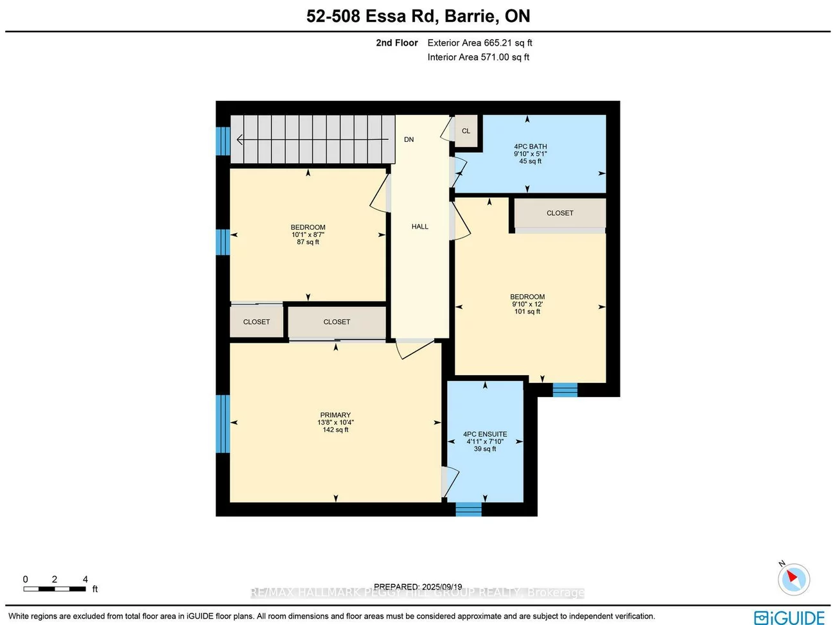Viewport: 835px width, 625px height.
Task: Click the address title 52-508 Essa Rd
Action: click(418, 16)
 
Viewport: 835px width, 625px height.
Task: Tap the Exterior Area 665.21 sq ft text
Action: click(479, 43)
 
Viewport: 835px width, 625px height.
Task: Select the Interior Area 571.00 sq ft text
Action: click(478, 57)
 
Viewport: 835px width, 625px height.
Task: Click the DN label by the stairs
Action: click(409, 139)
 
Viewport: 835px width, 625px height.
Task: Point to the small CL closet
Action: click(466, 131)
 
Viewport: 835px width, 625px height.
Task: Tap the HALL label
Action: click(419, 227)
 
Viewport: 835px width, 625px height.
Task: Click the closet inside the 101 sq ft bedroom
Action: click(559, 213)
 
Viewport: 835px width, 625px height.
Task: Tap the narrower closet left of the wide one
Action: click(256, 322)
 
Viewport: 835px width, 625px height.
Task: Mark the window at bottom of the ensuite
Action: click(468, 509)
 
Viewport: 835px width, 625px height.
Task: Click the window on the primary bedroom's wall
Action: click(222, 423)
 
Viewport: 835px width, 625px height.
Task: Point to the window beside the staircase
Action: click(222, 141)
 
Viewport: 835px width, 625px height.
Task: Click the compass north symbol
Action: click(793, 578)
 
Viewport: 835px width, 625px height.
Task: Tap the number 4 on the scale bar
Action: click(85, 579)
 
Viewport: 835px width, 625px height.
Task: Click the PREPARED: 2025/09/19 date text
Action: click(418, 586)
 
